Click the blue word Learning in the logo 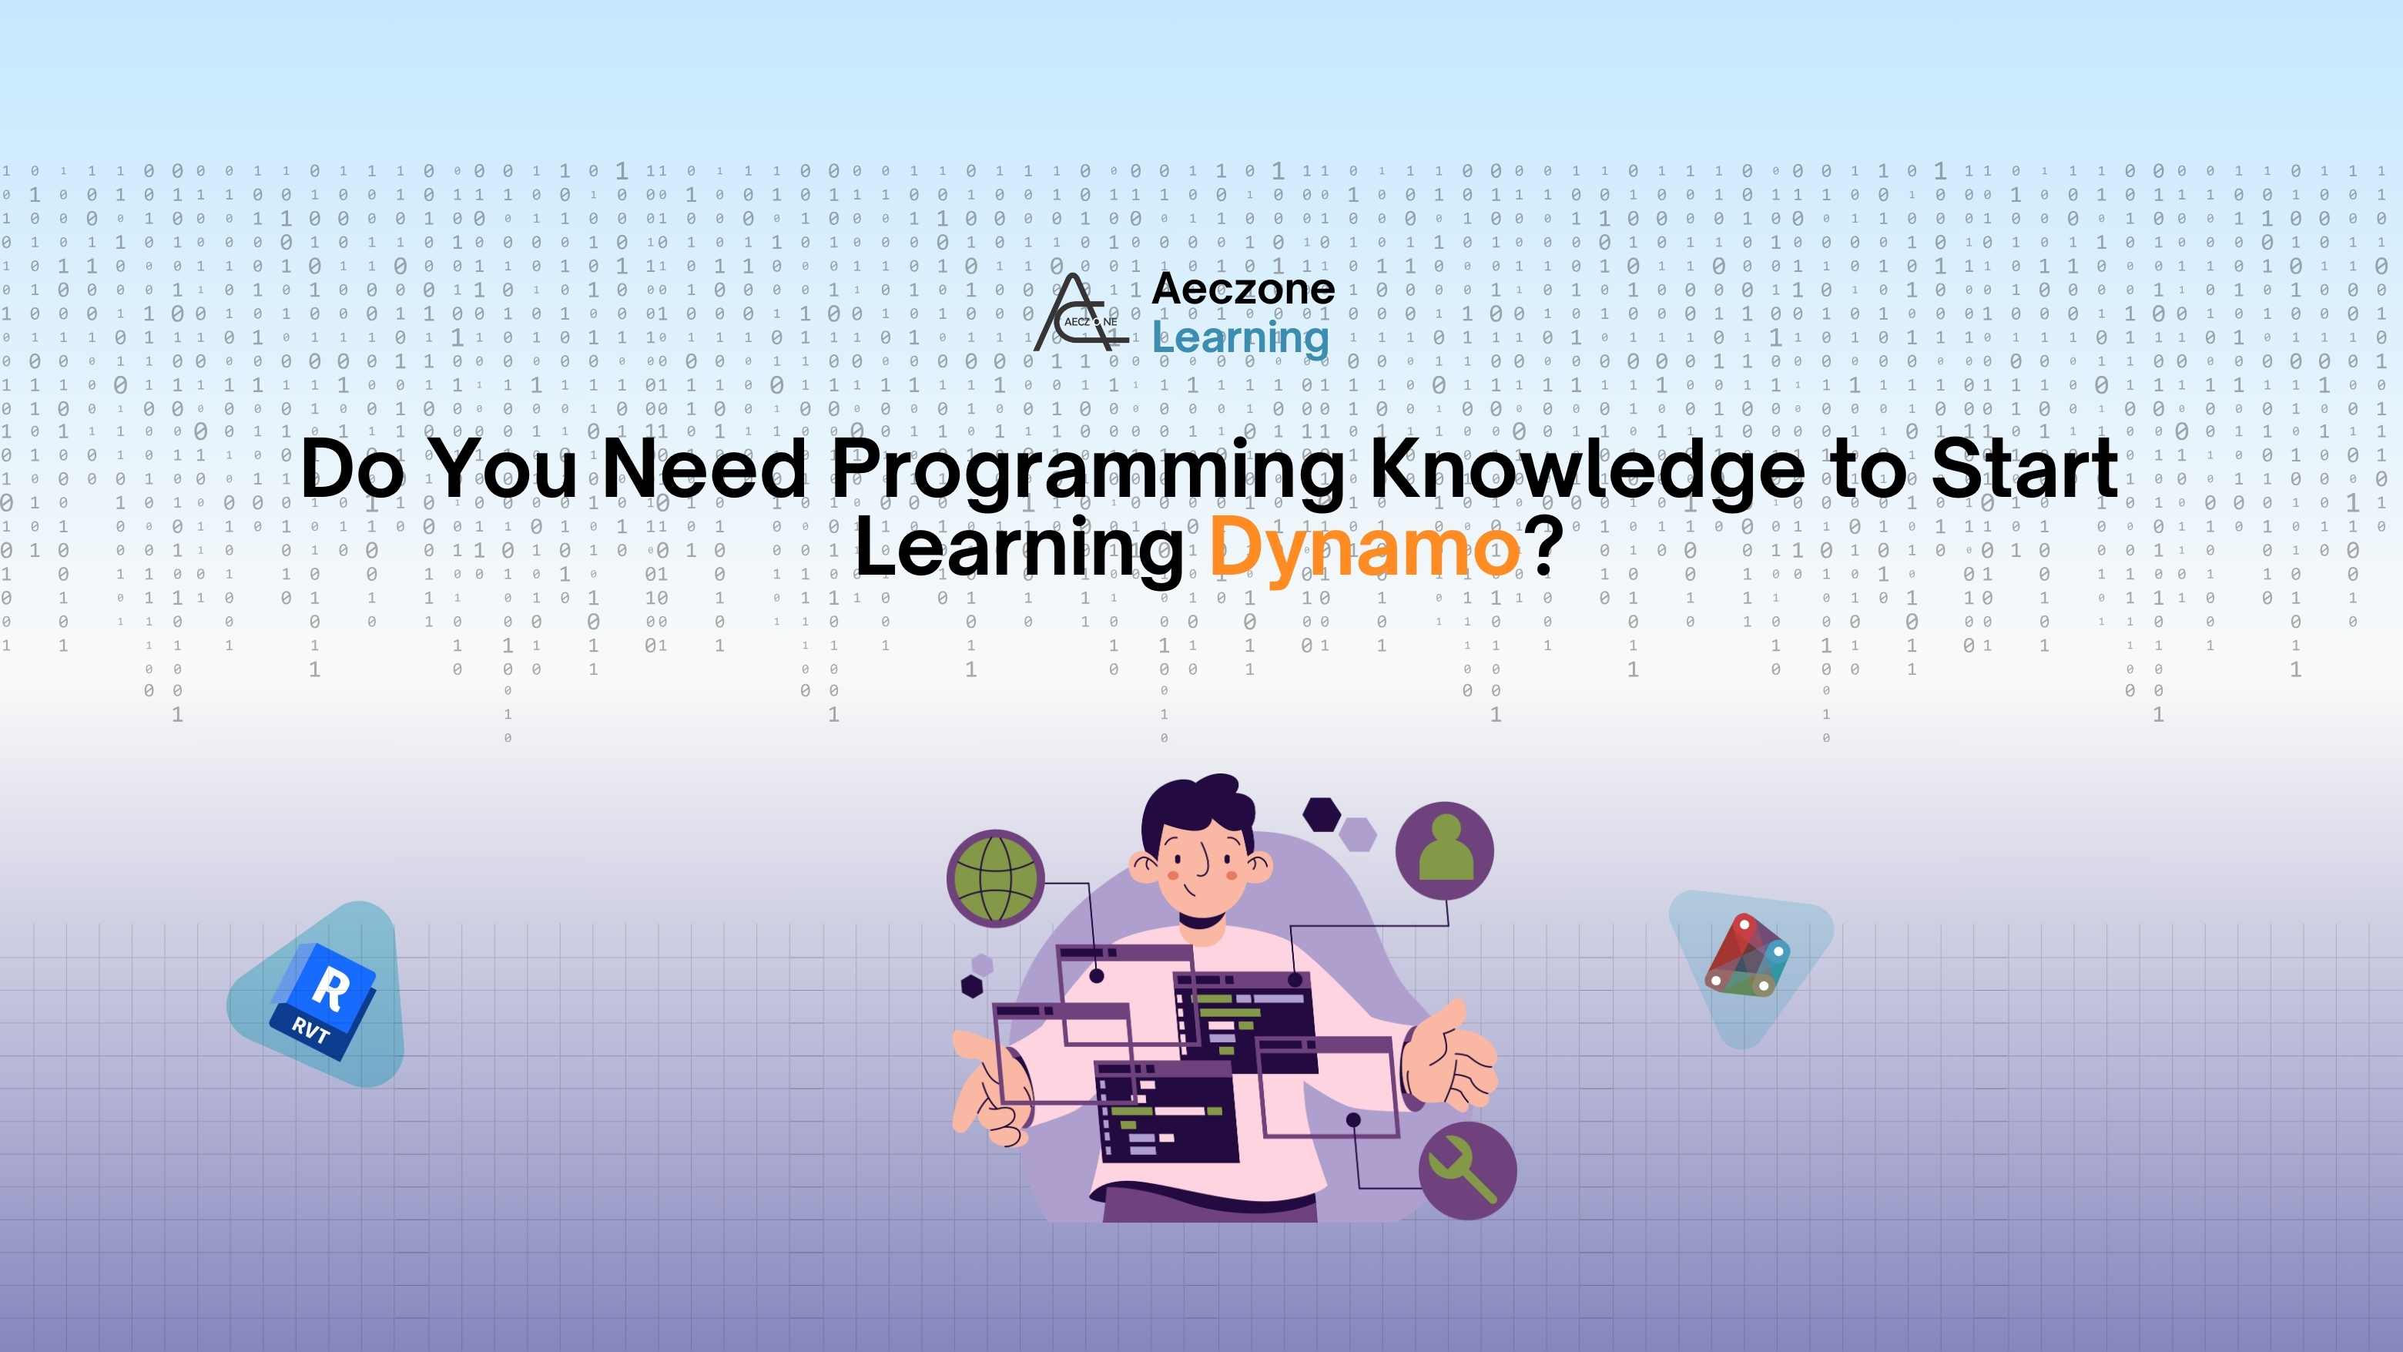pyautogui.click(x=1241, y=337)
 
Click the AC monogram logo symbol pyautogui.click(x=1081, y=314)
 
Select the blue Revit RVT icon pyautogui.click(x=322, y=999)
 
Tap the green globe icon pyautogui.click(x=995, y=878)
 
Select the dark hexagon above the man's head pyautogui.click(x=1322, y=814)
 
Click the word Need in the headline pyautogui.click(x=703, y=469)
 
